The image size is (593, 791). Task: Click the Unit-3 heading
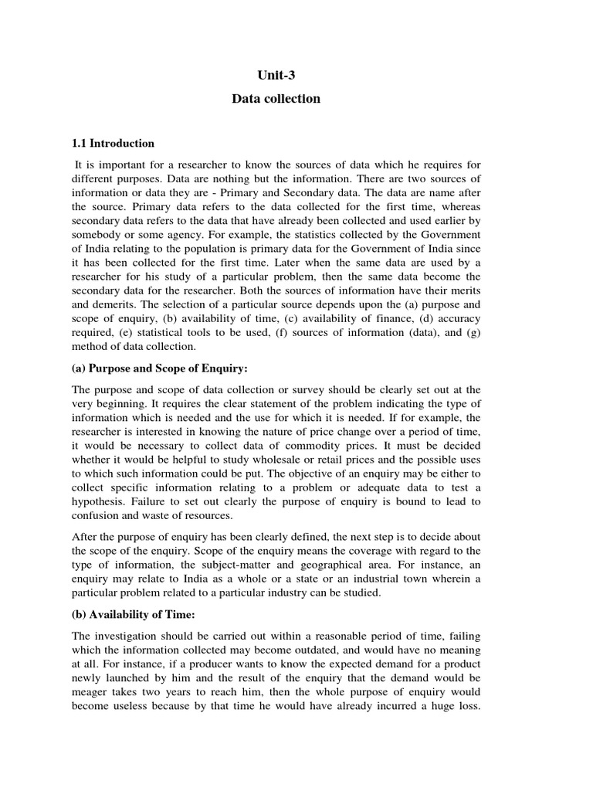tap(276, 74)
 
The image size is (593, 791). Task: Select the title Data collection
tap(276, 99)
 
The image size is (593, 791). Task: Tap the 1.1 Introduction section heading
tap(113, 143)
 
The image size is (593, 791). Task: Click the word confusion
tap(99, 516)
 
